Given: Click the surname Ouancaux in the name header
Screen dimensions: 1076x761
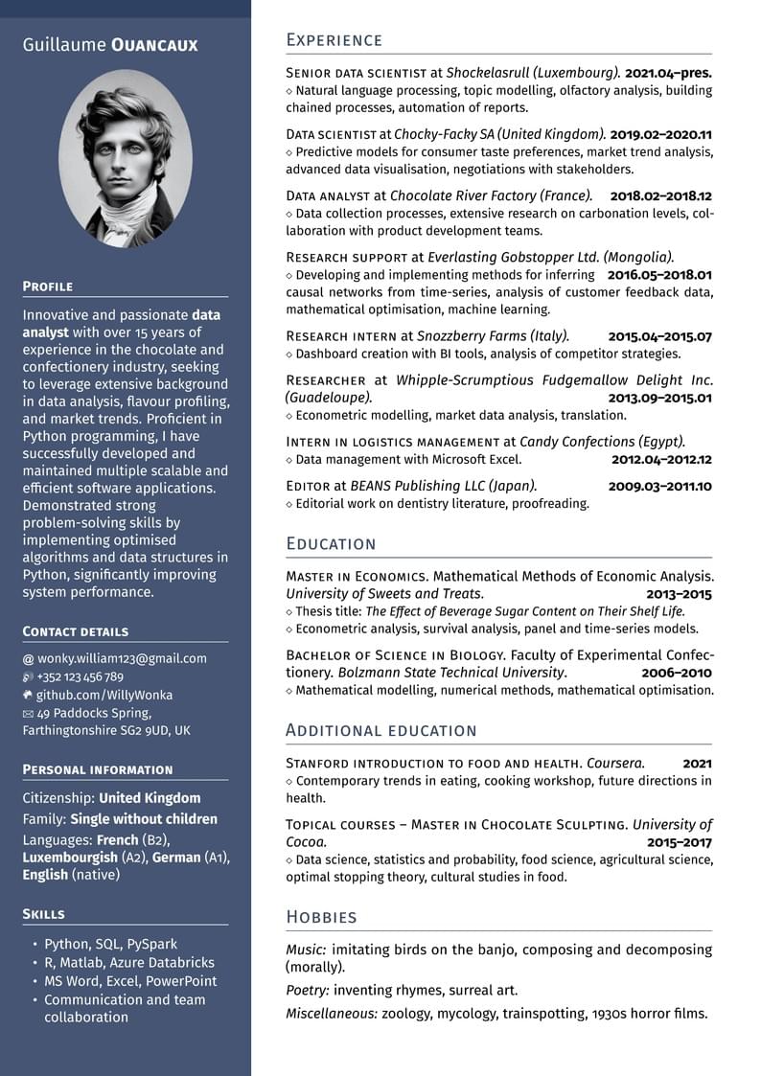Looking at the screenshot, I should coord(154,45).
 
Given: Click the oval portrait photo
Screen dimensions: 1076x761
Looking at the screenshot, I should coord(126,158).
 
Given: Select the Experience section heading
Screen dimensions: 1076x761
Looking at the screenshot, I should coord(334,40).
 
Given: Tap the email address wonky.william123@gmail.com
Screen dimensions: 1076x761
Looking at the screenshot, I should coord(122,658).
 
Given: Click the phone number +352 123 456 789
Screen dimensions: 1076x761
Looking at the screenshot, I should coord(81,676).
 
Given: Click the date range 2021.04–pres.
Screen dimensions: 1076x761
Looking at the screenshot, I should coord(668,72).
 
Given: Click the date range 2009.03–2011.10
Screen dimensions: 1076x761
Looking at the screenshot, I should coord(660,486).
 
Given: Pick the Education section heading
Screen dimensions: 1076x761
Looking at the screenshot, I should coord(331,544).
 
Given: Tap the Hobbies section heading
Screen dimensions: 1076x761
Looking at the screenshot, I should coord(321,917).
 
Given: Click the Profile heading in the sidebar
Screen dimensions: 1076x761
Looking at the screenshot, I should coord(48,286).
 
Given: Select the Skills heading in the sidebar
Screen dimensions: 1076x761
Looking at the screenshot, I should coord(44,914).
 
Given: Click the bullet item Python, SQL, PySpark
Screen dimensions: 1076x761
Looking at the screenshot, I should coord(110,944).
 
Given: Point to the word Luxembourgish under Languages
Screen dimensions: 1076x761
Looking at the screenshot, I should coord(70,858).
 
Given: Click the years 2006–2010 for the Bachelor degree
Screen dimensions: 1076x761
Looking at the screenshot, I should coord(677,673).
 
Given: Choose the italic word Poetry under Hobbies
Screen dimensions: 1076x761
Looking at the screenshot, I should coord(306,990).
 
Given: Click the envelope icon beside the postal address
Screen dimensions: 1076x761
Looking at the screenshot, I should coord(28,713).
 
